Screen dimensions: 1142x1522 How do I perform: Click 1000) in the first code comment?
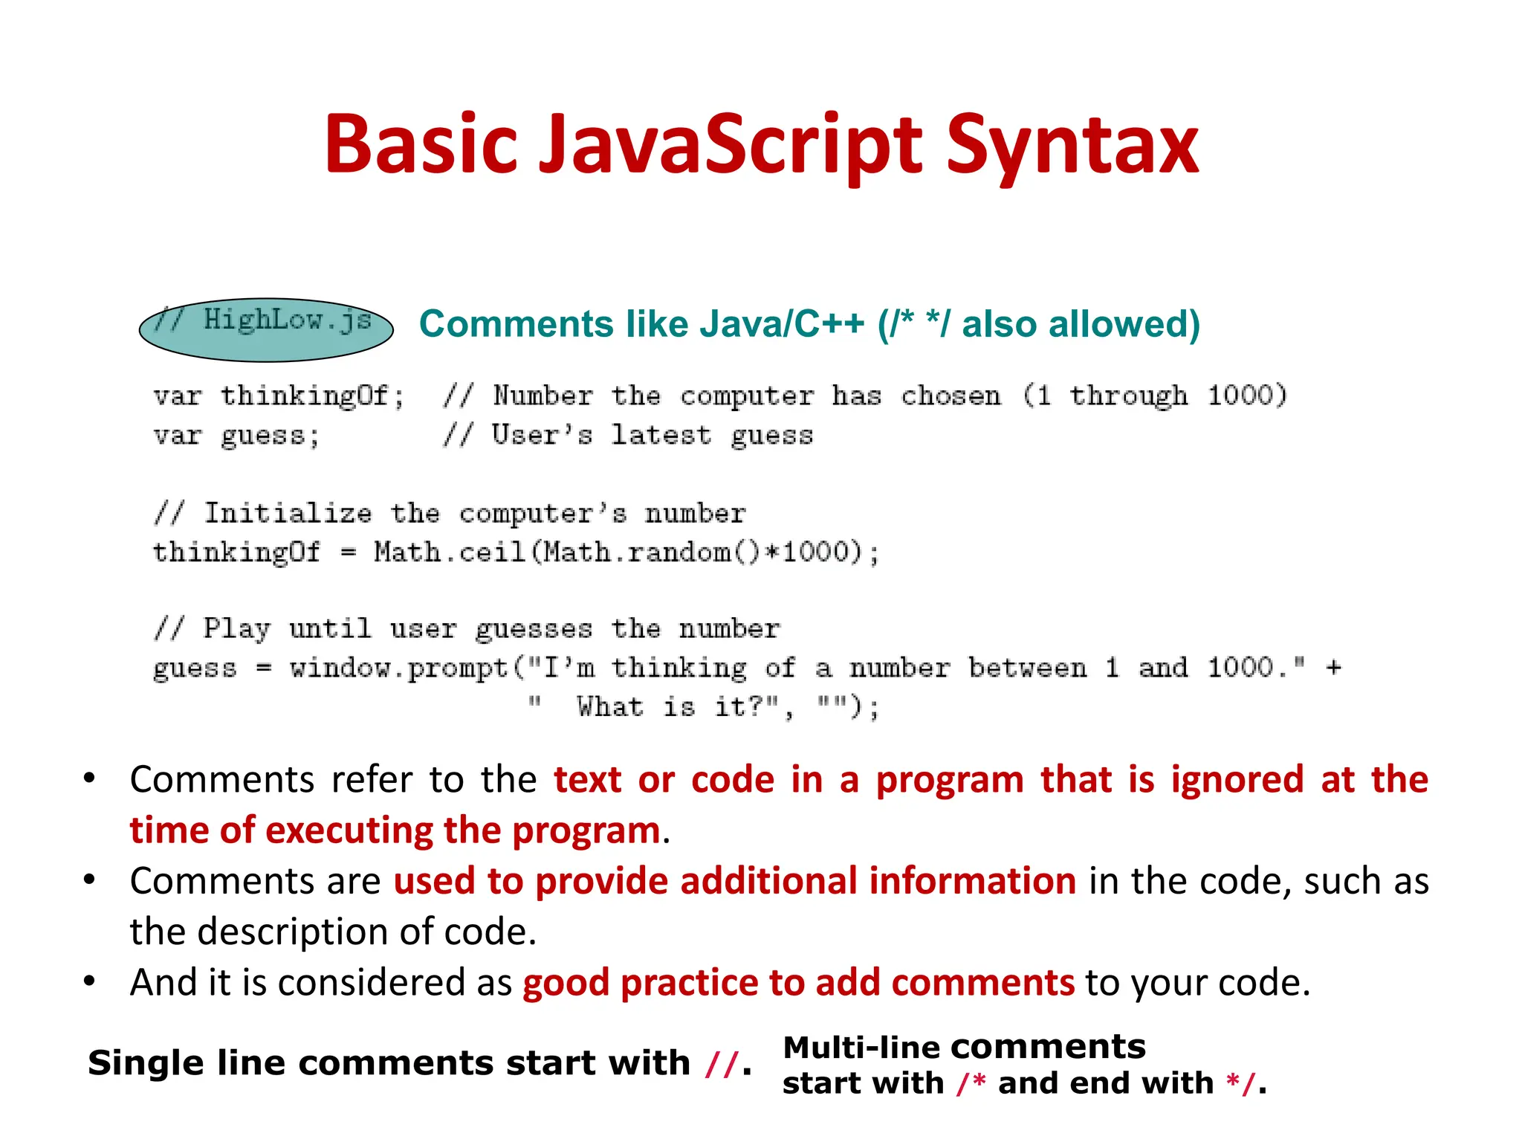[1246, 395]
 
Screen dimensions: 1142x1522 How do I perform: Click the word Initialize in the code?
[288, 513]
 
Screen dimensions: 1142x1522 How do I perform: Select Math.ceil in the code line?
[450, 552]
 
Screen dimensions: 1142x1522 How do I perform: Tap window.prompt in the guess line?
[399, 668]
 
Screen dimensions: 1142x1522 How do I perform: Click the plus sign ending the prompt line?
[1333, 667]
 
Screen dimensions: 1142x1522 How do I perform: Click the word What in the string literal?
[609, 706]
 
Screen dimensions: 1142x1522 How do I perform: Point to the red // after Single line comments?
[721, 1064]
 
